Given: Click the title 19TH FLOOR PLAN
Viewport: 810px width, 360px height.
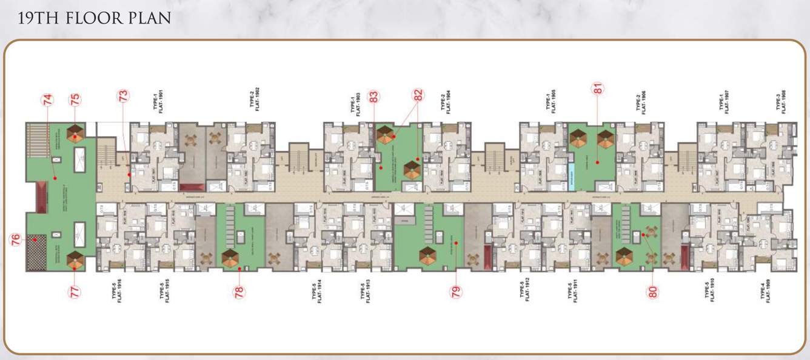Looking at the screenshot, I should pos(94,18).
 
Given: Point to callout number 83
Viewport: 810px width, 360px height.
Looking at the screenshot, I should pos(373,96).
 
